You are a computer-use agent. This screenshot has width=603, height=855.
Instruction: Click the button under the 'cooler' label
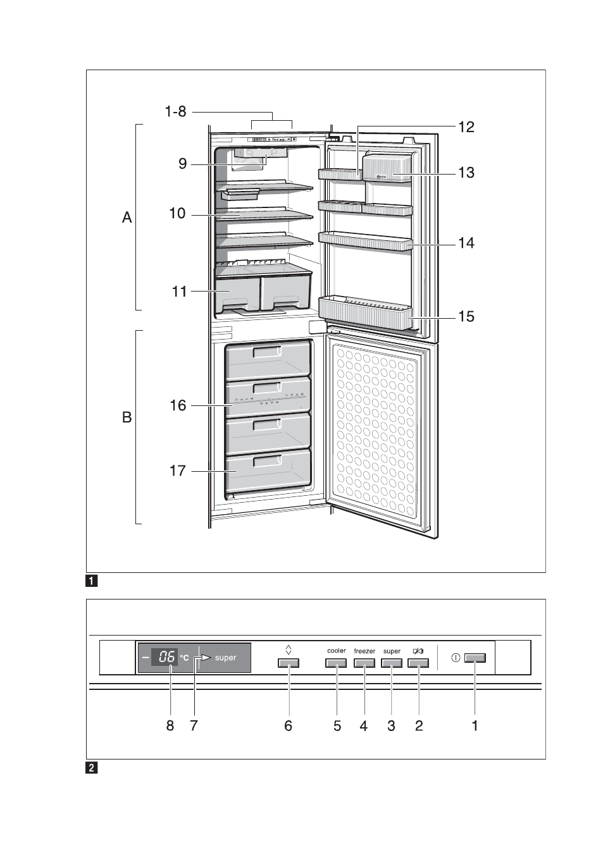[336, 663]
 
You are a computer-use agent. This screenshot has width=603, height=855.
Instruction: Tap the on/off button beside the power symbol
[475, 658]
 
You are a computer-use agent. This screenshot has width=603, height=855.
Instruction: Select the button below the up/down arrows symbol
[289, 663]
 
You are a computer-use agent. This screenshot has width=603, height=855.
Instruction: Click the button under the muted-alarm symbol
[418, 663]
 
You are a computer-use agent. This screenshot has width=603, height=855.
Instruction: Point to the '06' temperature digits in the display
[166, 657]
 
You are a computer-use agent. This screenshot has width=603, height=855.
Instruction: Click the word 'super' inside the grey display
[225, 658]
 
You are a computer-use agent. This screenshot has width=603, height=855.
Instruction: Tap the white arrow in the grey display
[206, 657]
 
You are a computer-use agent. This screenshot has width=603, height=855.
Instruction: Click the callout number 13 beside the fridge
[466, 173]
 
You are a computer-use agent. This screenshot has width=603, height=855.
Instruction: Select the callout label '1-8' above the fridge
[176, 111]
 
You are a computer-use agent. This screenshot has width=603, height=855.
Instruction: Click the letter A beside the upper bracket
[127, 218]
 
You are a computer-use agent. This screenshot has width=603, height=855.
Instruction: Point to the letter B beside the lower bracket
[127, 417]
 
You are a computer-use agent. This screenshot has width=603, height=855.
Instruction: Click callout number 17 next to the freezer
[178, 471]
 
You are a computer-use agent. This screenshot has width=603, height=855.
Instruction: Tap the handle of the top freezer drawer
[267, 351]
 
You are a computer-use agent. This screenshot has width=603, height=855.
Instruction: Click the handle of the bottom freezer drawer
[267, 461]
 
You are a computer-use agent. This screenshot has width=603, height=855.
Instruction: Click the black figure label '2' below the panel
[91, 768]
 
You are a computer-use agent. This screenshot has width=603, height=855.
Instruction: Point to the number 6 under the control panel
[289, 725]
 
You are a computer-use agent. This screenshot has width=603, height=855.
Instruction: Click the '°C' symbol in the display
[184, 658]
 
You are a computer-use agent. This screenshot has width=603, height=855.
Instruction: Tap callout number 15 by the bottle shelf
[466, 316]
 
